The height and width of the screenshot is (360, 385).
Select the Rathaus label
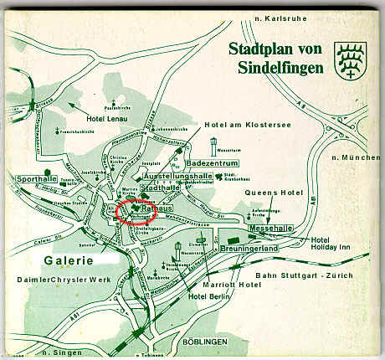(156, 205)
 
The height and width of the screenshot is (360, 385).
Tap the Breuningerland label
(255, 249)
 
